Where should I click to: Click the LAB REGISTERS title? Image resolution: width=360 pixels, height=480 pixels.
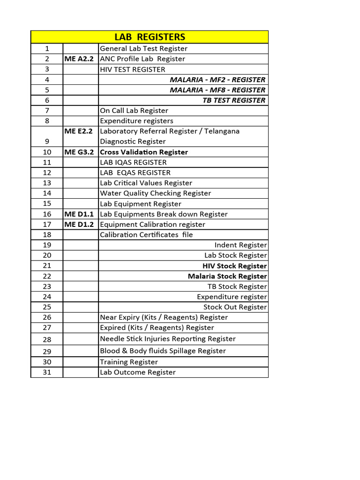click(x=150, y=37)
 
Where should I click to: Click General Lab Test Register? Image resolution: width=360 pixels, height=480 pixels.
click(x=143, y=49)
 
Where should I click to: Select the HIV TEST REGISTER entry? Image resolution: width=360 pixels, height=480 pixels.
click(x=133, y=69)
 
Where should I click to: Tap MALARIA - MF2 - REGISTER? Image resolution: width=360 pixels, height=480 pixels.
click(x=217, y=80)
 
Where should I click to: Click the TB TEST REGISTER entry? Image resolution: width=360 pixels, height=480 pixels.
click(x=234, y=100)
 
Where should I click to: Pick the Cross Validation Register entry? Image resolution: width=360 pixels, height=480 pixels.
click(x=144, y=152)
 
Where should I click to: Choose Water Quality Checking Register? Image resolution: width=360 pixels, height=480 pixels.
click(x=155, y=193)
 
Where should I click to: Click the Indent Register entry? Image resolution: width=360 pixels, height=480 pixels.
click(x=240, y=245)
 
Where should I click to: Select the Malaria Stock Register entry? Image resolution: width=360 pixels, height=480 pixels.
click(x=227, y=276)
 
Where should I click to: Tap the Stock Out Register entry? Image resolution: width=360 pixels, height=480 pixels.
click(x=235, y=307)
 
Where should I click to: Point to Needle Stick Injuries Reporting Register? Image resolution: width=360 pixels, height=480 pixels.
click(x=168, y=339)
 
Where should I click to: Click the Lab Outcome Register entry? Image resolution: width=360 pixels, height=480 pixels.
click(x=138, y=372)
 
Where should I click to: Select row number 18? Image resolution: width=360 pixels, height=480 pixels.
click(x=47, y=235)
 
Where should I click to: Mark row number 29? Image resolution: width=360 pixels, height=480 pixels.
click(x=47, y=351)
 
